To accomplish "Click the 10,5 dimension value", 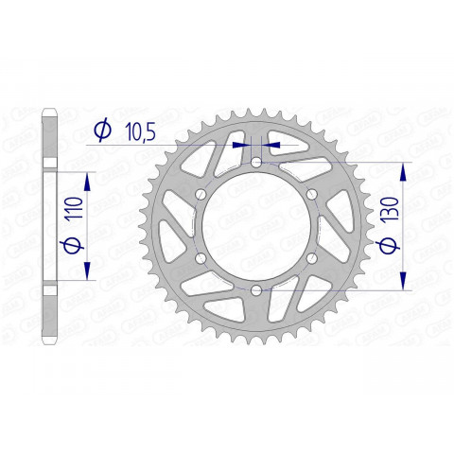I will [x=139, y=131].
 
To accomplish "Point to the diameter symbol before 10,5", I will [x=104, y=130].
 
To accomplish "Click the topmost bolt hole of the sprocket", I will [x=256, y=164].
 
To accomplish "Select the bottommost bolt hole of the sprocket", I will [x=256, y=289].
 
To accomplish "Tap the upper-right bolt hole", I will [x=310, y=195].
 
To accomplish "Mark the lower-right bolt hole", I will [x=310, y=258].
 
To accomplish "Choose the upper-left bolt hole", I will [x=201, y=195].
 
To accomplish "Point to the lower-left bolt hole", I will [x=201, y=258].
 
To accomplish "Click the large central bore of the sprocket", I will [x=256, y=227].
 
